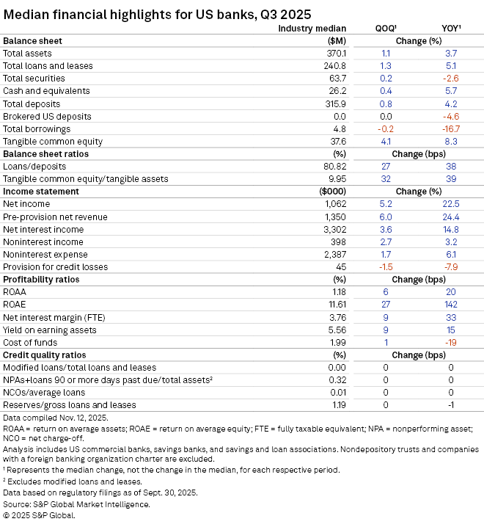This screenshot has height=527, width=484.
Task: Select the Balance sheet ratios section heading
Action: pos(48,154)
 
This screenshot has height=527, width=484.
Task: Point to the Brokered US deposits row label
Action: pos(47,116)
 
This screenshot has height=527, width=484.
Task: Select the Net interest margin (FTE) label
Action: pos(50,317)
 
